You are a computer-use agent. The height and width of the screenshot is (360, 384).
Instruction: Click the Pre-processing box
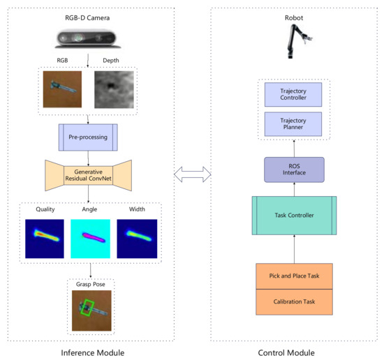click(x=88, y=137)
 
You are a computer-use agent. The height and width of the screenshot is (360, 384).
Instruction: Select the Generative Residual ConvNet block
click(x=88, y=174)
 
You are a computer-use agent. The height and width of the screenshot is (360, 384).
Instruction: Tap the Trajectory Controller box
click(x=293, y=94)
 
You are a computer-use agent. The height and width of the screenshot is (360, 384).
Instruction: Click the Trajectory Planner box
click(x=293, y=123)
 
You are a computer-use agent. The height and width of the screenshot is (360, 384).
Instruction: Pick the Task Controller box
click(x=293, y=216)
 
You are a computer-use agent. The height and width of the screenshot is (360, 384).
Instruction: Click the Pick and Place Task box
click(x=293, y=277)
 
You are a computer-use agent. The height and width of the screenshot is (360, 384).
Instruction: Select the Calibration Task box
click(x=293, y=301)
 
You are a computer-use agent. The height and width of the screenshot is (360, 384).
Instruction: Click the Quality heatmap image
click(x=43, y=239)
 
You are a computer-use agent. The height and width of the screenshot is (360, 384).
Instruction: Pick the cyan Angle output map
click(x=89, y=239)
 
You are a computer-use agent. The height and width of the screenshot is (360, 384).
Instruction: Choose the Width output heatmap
click(x=135, y=239)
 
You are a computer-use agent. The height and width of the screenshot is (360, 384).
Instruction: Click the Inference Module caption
click(x=88, y=352)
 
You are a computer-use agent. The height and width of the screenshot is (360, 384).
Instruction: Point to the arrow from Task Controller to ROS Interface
click(x=293, y=189)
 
